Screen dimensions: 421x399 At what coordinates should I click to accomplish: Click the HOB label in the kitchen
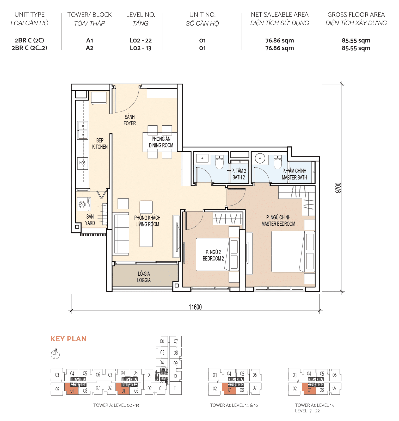pos(82,163)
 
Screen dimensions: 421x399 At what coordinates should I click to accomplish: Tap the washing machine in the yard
pos(83,205)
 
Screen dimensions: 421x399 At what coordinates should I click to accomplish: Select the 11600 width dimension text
pos(195,307)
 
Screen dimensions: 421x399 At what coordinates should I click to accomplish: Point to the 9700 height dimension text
pos(338,188)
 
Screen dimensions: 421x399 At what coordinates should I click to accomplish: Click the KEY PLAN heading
pos(69,339)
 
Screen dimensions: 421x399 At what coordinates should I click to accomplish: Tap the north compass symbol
pos(55,354)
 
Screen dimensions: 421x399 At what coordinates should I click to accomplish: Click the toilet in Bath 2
pos(219,162)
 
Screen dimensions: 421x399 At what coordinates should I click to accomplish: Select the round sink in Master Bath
pos(260,158)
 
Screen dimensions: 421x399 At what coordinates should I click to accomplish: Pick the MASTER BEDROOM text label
pos(278,224)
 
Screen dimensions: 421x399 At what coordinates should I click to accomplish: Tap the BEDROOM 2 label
pos(213,258)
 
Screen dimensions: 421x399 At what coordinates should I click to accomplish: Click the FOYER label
pos(130,123)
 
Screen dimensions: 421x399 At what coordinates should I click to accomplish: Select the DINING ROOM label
pos(161,145)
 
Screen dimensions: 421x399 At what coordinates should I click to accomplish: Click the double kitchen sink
pos(83,130)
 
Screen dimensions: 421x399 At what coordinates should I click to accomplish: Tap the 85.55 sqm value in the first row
pos(356,40)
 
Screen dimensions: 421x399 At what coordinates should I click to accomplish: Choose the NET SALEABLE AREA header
pos(280,15)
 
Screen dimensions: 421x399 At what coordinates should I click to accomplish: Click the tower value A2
pos(89,48)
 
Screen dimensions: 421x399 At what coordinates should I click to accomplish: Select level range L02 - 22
pos(140,40)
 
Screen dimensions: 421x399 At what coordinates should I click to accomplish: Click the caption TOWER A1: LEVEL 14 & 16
pos(234,405)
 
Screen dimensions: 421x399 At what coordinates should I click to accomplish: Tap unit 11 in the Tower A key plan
pos(175,388)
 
